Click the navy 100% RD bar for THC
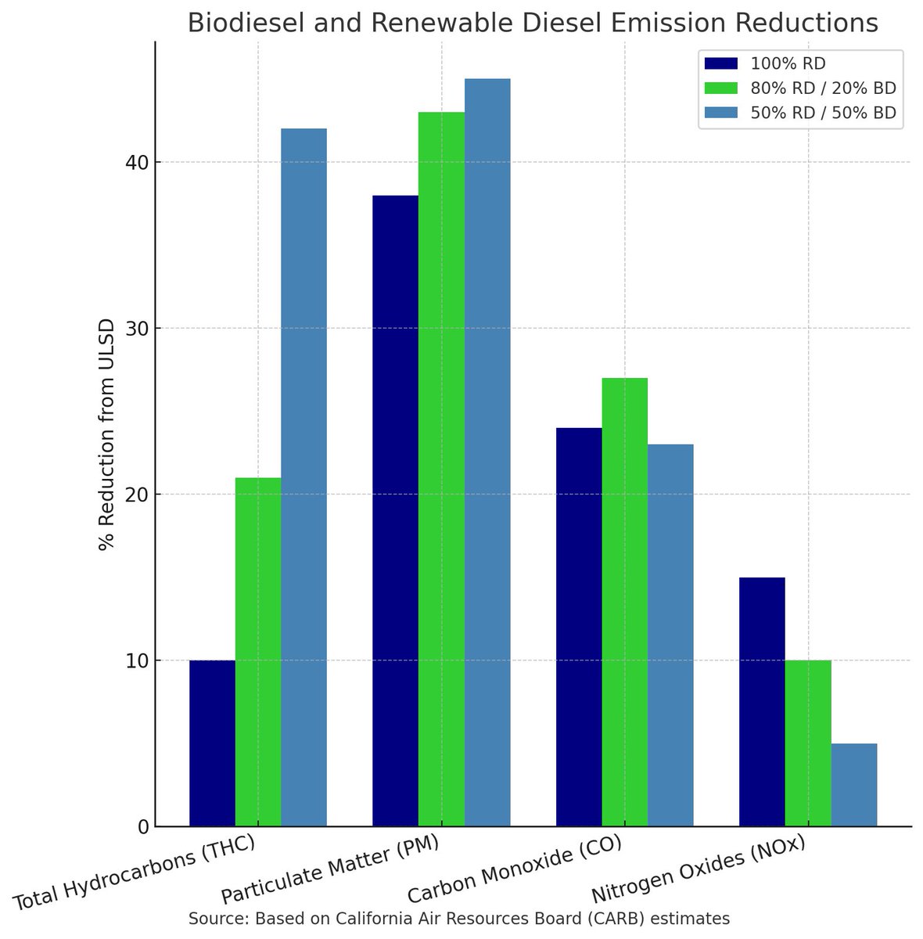pos(212,743)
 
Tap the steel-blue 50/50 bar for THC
pos(303,477)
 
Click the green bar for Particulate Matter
pos(441,469)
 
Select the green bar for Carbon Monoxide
pos(624,603)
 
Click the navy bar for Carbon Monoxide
pos(579,627)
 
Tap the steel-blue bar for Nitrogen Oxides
pos(853,785)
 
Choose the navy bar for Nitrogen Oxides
pos(762,702)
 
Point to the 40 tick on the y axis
pos(139,163)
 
